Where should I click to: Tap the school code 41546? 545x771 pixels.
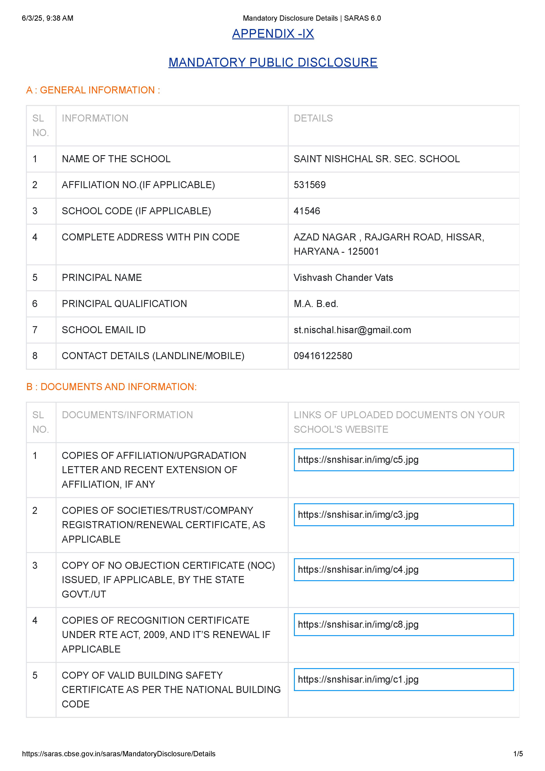click(x=307, y=211)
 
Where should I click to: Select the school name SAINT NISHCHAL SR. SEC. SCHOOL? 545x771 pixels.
click(x=376, y=159)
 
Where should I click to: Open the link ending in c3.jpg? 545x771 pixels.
click(x=358, y=515)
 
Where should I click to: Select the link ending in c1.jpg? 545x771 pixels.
click(x=358, y=679)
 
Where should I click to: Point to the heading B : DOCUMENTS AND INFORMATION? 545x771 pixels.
click(x=111, y=387)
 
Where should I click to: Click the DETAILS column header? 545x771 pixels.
click(x=313, y=118)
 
